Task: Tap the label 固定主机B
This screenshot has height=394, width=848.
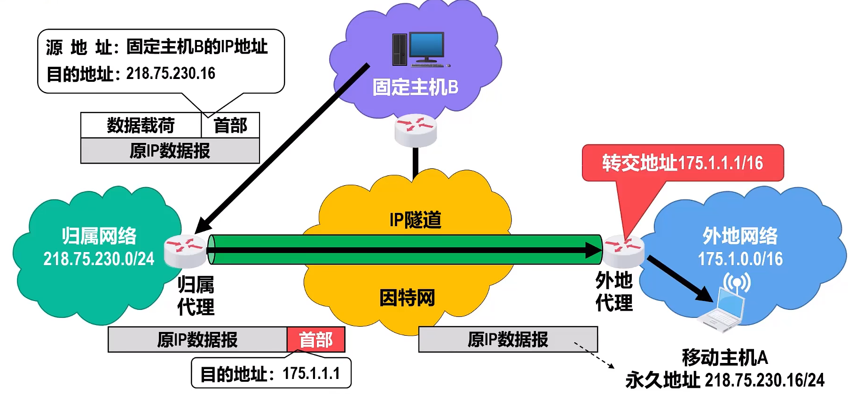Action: coord(415,88)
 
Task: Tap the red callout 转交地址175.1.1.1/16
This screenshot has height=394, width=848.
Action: coord(683,163)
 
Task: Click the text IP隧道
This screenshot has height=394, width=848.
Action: coord(416,220)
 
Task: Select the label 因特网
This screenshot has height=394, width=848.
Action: coord(407,298)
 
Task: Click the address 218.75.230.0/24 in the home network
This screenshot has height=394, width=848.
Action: coord(99,259)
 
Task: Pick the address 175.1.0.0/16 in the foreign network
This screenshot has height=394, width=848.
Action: coord(740,259)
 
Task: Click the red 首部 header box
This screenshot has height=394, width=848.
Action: coord(316,339)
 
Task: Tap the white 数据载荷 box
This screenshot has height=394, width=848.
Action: coord(141,126)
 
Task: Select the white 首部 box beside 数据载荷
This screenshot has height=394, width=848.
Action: coord(230,126)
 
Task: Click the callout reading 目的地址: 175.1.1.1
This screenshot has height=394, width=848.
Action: coord(271,374)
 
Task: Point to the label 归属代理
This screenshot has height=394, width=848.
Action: coord(196,296)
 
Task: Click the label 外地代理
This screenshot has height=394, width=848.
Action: coord(614,292)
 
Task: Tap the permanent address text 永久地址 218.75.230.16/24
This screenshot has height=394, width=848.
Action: coord(725,380)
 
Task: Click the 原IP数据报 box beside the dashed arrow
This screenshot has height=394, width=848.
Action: coord(508,339)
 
